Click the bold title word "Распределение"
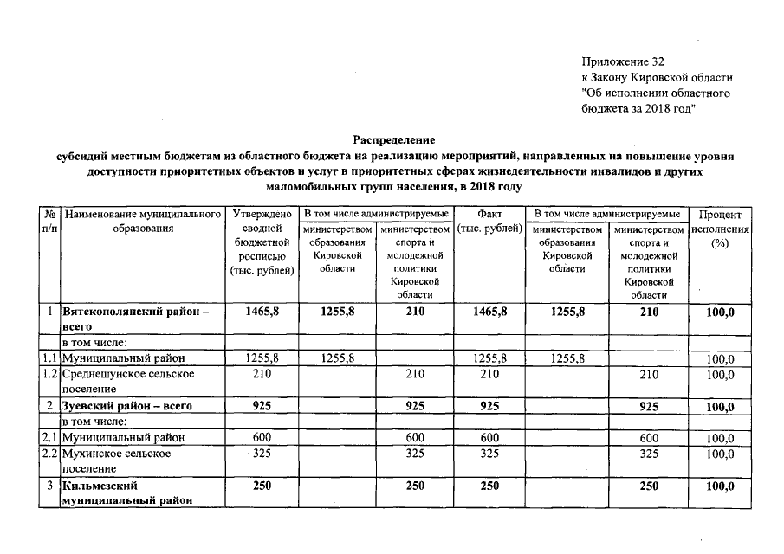click(394, 138)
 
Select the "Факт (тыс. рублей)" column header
click(489, 221)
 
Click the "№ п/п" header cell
click(49, 221)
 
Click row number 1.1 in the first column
click(49, 358)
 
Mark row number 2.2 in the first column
click(49, 454)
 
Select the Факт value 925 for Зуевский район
click(489, 405)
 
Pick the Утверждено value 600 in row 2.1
click(261, 438)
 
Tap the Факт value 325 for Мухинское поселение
click(489, 454)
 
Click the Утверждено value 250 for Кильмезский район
click(261, 486)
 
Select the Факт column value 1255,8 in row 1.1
click(489, 358)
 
